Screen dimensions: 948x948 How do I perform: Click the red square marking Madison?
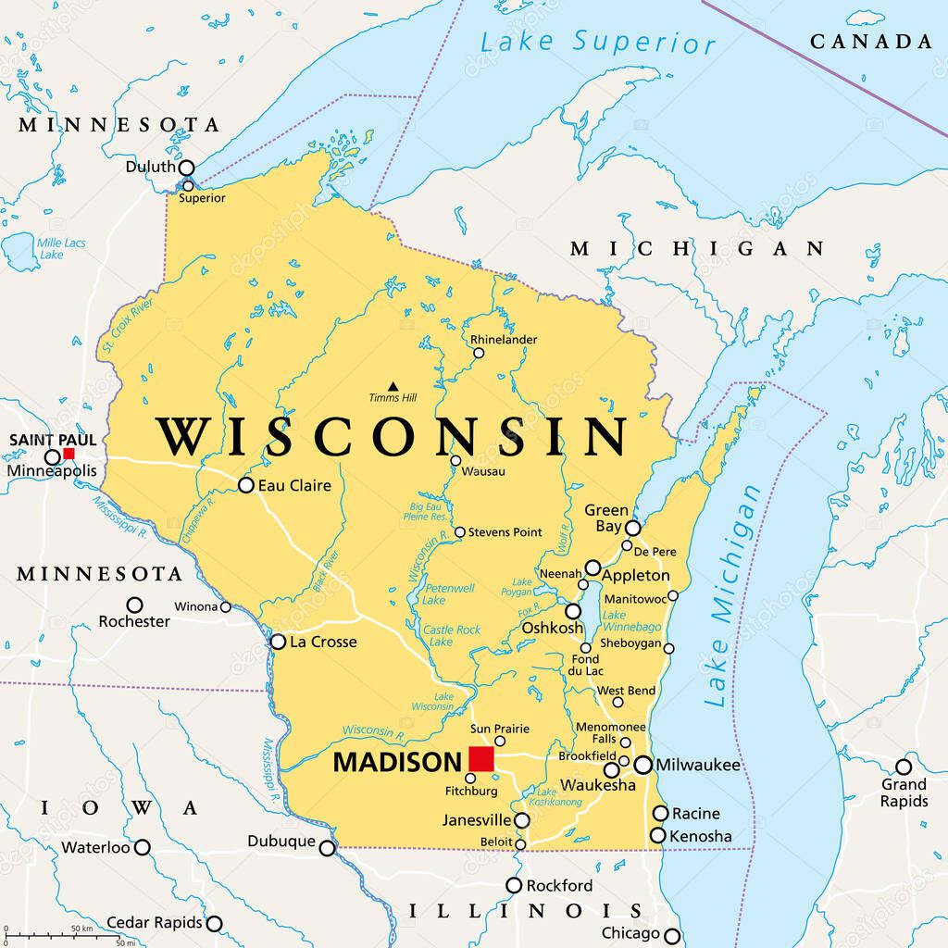tap(480, 759)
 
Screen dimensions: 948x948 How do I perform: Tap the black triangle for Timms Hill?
tap(393, 386)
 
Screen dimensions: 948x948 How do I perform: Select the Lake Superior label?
tap(598, 42)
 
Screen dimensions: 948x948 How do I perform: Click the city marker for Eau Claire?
tap(245, 485)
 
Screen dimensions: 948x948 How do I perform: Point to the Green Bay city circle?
tap(632, 528)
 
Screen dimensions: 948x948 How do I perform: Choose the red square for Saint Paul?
tap(69, 454)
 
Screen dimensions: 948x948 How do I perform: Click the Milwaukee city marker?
tap(642, 765)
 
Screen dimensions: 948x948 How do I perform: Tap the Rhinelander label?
tap(504, 340)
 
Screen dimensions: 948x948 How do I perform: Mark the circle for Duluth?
tap(186, 168)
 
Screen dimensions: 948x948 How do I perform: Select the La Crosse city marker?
tap(278, 642)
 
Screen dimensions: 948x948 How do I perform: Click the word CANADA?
tap(871, 42)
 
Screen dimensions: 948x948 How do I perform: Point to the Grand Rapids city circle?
tap(903, 767)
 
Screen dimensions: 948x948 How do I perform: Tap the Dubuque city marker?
tap(327, 848)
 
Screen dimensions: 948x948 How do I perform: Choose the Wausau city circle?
tap(455, 460)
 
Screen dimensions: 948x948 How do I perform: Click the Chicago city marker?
tap(671, 935)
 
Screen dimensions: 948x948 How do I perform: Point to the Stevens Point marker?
tap(459, 532)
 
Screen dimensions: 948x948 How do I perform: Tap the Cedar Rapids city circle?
tap(214, 923)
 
